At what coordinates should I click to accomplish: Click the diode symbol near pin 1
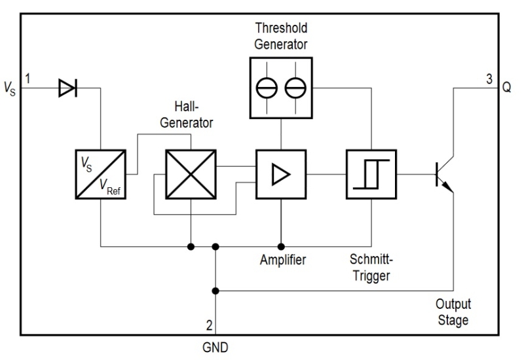click(x=67, y=86)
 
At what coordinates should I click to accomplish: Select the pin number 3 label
click(x=489, y=79)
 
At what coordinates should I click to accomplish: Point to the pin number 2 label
click(x=208, y=325)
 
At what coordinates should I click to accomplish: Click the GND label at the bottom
click(x=215, y=348)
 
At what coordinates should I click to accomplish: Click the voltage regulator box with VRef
click(x=100, y=174)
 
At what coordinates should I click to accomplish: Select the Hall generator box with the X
click(x=190, y=174)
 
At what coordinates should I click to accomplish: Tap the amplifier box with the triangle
click(x=280, y=174)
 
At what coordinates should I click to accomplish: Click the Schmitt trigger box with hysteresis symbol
click(x=371, y=174)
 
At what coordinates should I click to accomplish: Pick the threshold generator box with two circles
click(x=280, y=87)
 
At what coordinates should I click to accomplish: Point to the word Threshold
click(x=280, y=28)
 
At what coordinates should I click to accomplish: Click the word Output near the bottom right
click(x=453, y=306)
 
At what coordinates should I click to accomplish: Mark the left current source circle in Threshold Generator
click(x=267, y=87)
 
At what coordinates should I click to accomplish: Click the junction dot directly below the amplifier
click(x=281, y=247)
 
